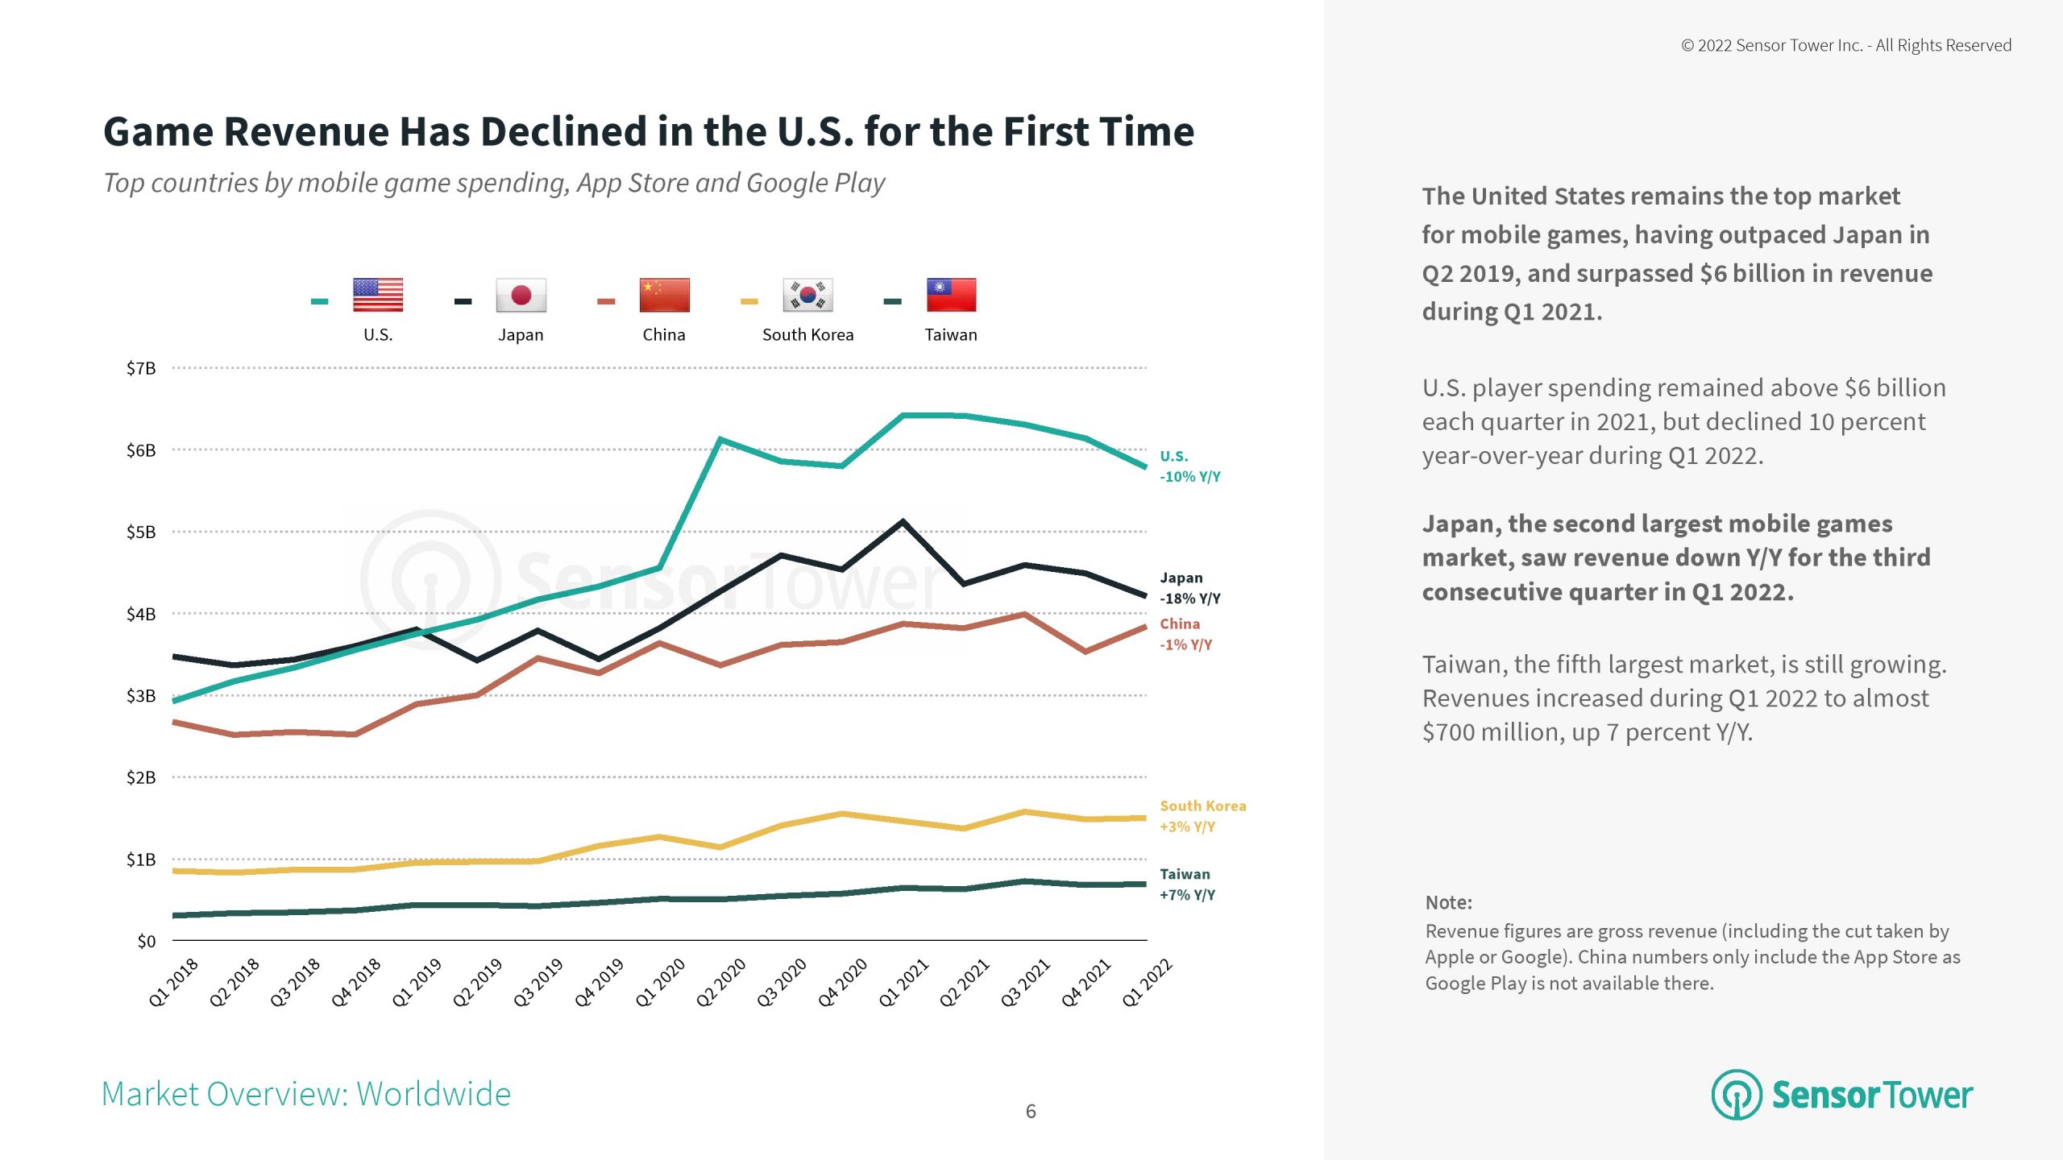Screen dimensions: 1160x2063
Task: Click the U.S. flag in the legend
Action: click(377, 295)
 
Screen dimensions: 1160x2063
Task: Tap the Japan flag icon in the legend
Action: click(521, 295)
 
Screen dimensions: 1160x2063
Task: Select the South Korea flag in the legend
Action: click(807, 295)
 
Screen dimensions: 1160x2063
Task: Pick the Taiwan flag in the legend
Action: click(951, 295)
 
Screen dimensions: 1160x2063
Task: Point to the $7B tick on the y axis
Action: click(141, 368)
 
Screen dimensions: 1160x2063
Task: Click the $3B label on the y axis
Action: click(141, 696)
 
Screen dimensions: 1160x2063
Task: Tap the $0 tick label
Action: click(146, 941)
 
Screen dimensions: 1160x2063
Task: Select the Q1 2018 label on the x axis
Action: click(173, 983)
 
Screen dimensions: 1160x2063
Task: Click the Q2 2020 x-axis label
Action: click(721, 983)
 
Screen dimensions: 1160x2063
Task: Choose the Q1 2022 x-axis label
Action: click(1148, 983)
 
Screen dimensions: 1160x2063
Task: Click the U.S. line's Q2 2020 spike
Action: click(720, 440)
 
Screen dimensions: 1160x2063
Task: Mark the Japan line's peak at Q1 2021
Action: click(903, 522)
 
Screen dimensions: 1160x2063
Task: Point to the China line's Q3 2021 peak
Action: click(1024, 615)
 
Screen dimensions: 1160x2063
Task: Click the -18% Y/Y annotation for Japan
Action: click(1190, 599)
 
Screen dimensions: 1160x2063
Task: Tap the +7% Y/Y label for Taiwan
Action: click(1187, 895)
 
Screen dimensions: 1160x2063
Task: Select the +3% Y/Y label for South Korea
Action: click(1187, 826)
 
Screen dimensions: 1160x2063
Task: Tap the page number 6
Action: click(1031, 1112)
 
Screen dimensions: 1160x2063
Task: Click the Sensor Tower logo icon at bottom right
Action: click(1737, 1095)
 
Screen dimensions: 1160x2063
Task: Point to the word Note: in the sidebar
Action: click(1448, 902)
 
